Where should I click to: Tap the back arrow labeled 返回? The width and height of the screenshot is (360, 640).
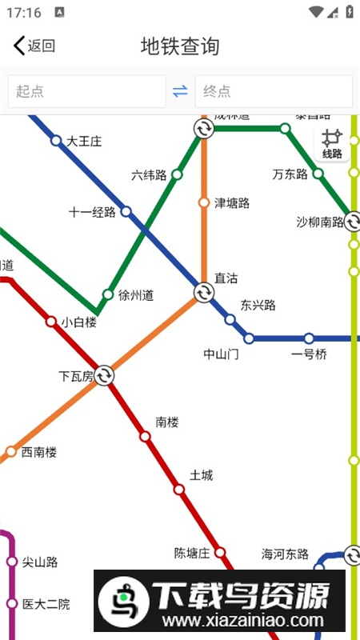tap(34, 46)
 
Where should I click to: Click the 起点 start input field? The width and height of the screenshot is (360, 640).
tap(86, 91)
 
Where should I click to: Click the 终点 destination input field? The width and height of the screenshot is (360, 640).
tap(273, 91)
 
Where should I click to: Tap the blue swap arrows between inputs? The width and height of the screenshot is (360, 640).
tap(180, 91)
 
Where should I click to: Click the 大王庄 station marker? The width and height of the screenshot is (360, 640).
tap(56, 141)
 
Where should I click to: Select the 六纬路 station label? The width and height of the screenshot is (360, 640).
tap(149, 174)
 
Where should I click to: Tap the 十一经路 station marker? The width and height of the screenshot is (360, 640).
tap(126, 212)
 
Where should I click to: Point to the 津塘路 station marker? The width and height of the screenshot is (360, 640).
tap(203, 202)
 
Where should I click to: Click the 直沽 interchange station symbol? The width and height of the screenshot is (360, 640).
tap(203, 294)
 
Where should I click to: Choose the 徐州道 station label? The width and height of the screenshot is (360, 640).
tap(135, 295)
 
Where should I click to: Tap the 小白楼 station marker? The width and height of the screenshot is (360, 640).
tap(51, 322)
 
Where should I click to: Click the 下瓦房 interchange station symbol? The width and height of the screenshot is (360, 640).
tap(104, 375)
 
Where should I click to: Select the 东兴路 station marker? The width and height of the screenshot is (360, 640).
tap(230, 320)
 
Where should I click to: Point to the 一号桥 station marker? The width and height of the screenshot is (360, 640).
tap(309, 338)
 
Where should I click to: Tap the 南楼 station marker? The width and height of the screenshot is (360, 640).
tap(145, 437)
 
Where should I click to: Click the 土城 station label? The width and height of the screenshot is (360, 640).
tap(202, 475)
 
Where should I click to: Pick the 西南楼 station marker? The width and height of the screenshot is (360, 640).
tap(11, 452)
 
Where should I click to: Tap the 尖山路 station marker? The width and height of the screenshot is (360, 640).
tap(12, 562)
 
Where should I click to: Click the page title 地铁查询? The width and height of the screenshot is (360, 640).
tap(180, 46)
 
